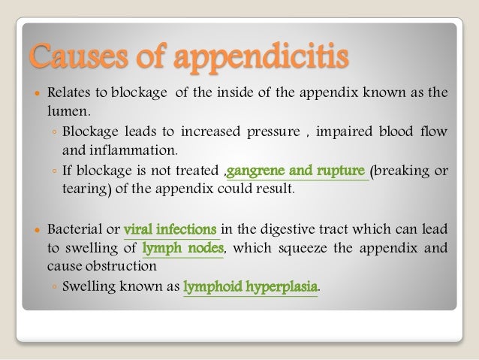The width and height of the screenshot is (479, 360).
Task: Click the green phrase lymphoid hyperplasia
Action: point(251,287)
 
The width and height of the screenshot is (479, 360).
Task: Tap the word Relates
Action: point(68,94)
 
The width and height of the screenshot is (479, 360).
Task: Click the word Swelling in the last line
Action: point(89,287)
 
